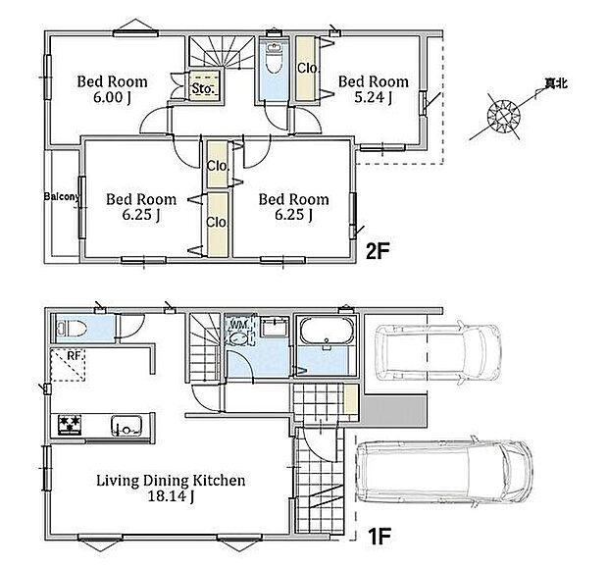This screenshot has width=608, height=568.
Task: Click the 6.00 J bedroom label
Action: pyautogui.click(x=112, y=89)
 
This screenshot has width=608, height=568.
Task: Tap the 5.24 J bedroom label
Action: pyautogui.click(x=373, y=89)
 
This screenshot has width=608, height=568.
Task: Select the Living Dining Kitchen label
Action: pyautogui.click(x=171, y=489)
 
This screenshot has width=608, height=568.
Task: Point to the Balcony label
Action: pyautogui.click(x=61, y=196)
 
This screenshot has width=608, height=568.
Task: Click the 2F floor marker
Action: pyautogui.click(x=378, y=252)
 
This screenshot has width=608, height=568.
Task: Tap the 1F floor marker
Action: pyautogui.click(x=379, y=537)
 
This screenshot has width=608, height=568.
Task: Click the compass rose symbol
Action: pyautogui.click(x=503, y=115)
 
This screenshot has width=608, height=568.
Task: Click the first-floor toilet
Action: pyautogui.click(x=71, y=330)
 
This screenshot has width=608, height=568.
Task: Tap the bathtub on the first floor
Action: pyautogui.click(x=327, y=331)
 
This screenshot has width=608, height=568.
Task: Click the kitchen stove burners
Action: pyautogui.click(x=70, y=425)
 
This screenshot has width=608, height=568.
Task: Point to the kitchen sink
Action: pyautogui.click(x=127, y=426)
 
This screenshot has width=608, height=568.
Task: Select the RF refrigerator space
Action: pyautogui.click(x=68, y=365)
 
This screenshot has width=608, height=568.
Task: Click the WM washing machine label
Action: pyautogui.click(x=236, y=323)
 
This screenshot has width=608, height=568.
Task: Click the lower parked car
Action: pyautogui.click(x=444, y=470)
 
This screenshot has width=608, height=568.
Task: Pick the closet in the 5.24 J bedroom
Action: pyautogui.click(x=305, y=68)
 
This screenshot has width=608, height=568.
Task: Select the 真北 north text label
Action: pyautogui.click(x=556, y=83)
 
